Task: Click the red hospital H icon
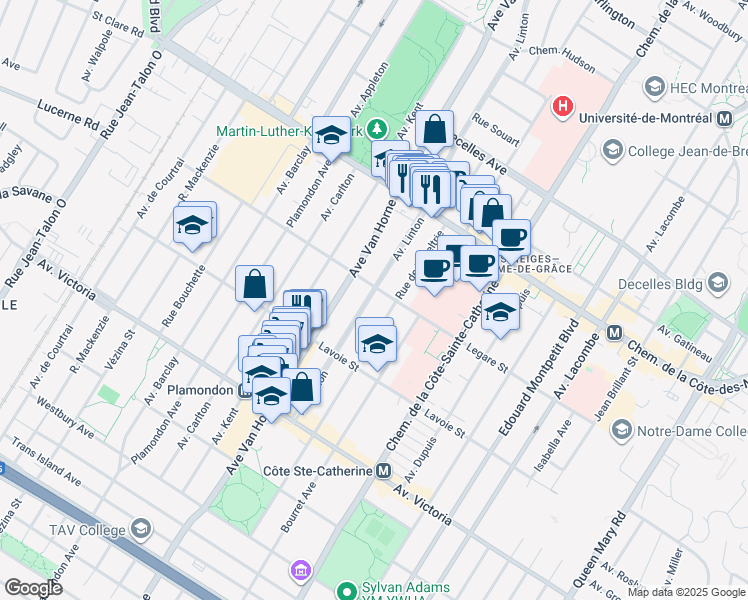point(564,105)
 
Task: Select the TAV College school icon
point(141,529)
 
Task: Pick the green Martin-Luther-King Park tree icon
point(377,129)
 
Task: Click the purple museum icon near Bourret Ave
point(299,570)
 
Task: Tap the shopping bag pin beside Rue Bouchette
point(255,283)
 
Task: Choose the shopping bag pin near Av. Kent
point(436,128)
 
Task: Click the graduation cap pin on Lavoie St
point(376,344)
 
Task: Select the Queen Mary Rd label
point(598,551)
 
